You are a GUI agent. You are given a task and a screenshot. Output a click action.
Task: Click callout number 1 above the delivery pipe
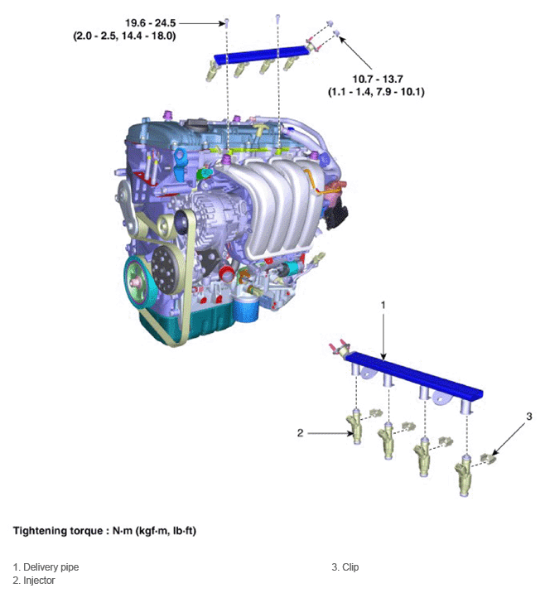click(x=383, y=305)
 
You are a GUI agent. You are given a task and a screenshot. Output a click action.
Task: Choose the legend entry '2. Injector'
click(x=34, y=581)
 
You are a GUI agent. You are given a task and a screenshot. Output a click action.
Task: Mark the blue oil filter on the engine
click(x=245, y=310)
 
